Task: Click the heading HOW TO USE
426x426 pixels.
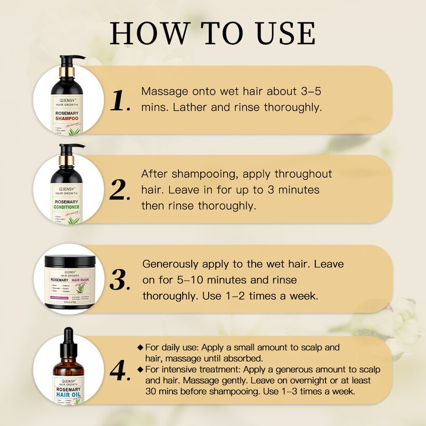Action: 213,33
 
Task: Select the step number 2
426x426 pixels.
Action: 119,190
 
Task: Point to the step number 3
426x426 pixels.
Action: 119,279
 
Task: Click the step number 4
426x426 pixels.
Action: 119,370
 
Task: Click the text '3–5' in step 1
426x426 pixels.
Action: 308,91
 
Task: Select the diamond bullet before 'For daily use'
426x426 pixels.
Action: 140,348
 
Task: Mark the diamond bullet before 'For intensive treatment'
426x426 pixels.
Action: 140,369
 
